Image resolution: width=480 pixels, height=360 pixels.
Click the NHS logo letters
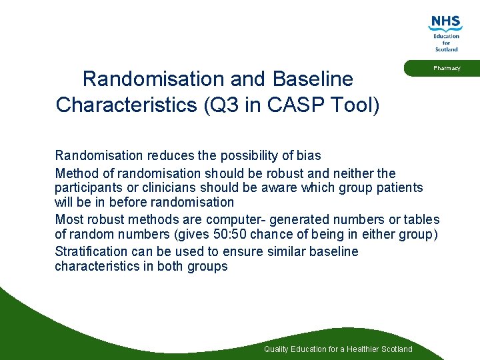(446, 22)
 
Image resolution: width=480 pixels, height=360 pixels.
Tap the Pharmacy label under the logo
(446, 68)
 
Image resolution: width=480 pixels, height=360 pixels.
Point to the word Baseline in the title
(313, 79)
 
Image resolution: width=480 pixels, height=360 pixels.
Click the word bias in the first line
(309, 155)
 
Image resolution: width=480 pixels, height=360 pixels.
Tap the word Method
(77, 173)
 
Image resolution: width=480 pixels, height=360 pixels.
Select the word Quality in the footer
(277, 349)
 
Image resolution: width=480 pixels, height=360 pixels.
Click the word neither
(351, 173)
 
